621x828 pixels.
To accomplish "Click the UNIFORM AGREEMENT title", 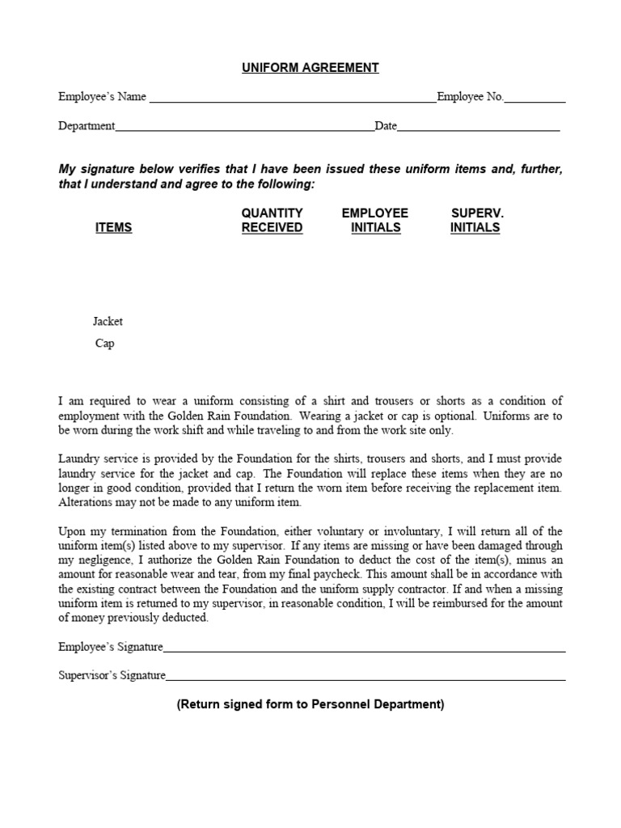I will (310, 68).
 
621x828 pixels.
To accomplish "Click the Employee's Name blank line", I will (293, 101).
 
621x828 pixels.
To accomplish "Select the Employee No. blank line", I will (535, 101).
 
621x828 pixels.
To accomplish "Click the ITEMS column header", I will (113, 228).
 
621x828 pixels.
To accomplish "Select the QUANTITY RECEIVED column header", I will (272, 220).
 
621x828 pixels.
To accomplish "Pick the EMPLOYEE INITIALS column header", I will (375, 220).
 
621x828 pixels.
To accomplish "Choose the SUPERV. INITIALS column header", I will (475, 220).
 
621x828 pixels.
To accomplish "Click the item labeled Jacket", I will (108, 321).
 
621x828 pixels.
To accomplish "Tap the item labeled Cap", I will (105, 343).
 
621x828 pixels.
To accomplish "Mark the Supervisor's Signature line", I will (365, 678).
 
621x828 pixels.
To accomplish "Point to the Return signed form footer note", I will (310, 704).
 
